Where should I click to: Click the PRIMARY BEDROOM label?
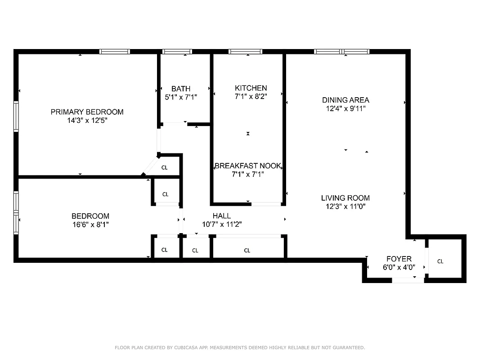click(x=87, y=112)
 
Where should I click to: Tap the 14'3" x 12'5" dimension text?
click(x=87, y=121)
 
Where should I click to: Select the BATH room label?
click(x=180, y=89)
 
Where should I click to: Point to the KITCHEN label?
click(x=251, y=88)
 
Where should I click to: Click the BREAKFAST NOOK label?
click(x=248, y=166)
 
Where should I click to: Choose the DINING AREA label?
click(x=345, y=100)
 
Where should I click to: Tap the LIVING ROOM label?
click(x=345, y=198)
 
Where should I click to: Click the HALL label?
click(x=221, y=216)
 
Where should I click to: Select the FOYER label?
click(x=399, y=259)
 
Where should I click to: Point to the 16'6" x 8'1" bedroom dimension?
click(x=90, y=224)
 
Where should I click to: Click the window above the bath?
click(x=177, y=52)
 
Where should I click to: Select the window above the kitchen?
click(x=245, y=52)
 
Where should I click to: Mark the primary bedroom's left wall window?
click(x=16, y=116)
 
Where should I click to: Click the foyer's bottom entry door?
click(x=408, y=280)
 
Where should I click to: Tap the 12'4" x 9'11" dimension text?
click(x=345, y=108)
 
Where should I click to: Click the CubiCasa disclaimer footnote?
click(x=240, y=347)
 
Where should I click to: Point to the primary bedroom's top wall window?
click(x=114, y=52)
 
